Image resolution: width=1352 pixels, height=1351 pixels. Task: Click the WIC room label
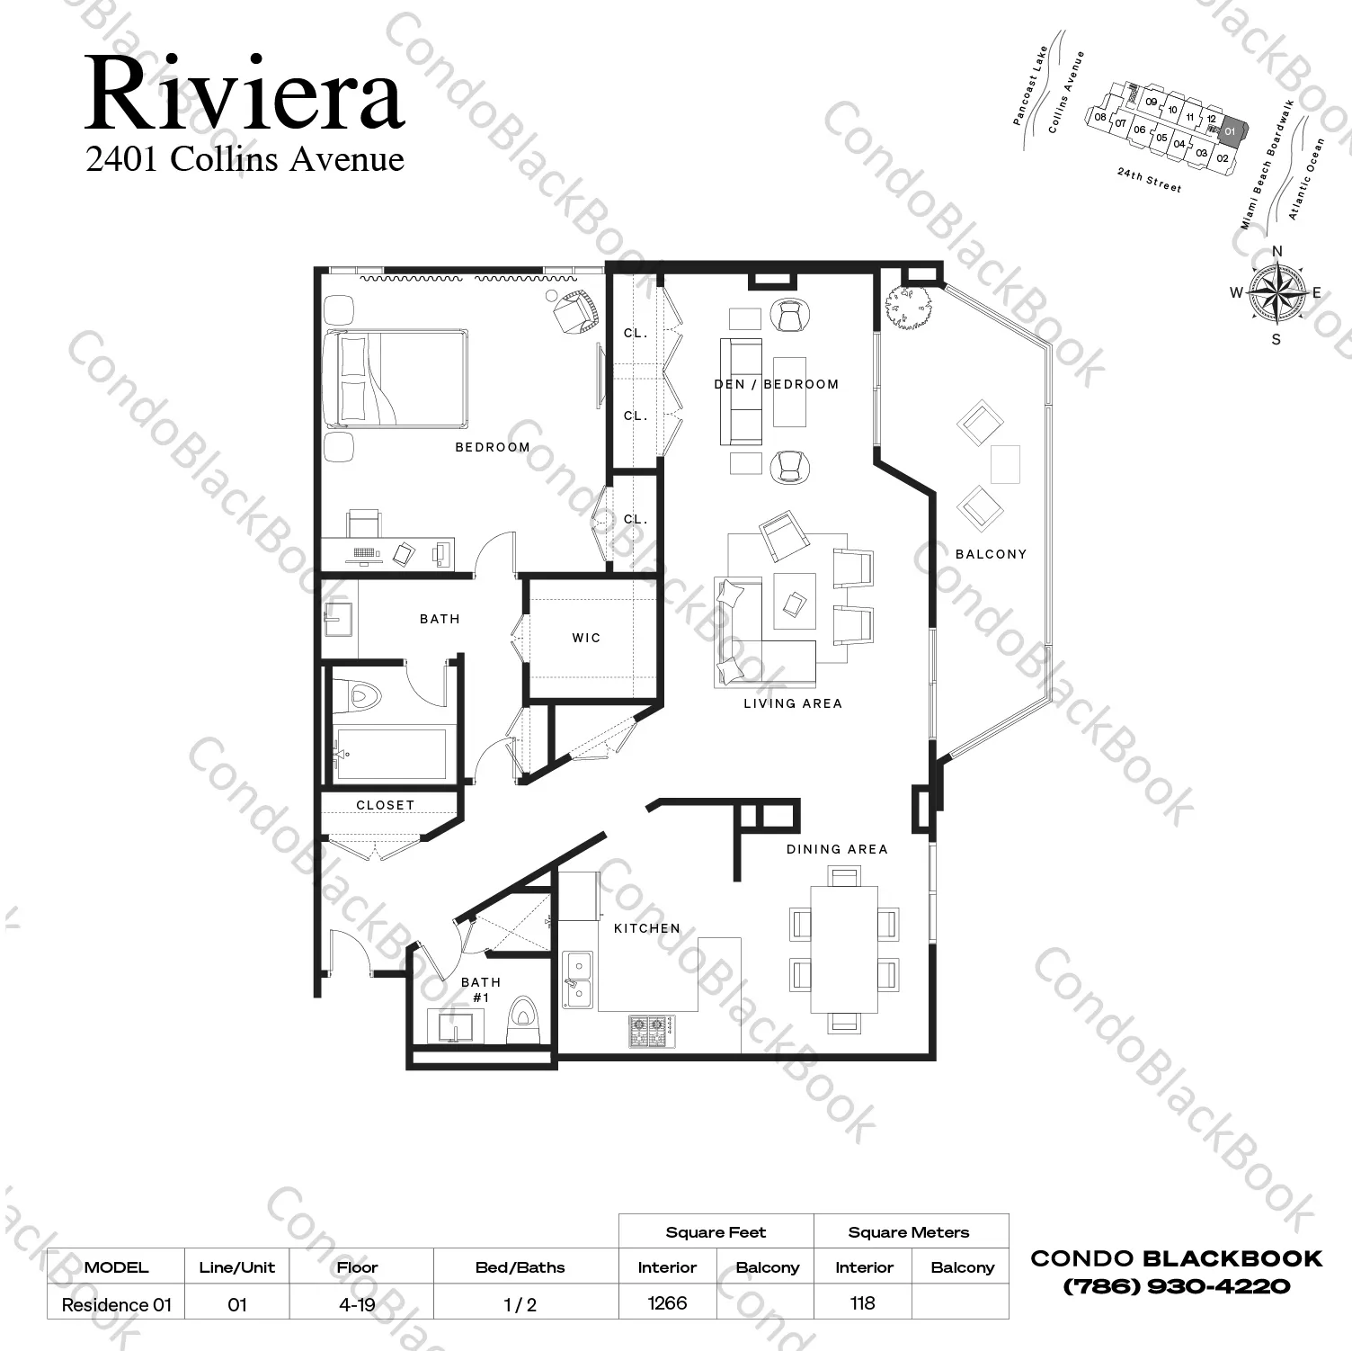point(586,638)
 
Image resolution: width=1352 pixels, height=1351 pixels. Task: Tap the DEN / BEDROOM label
point(777,384)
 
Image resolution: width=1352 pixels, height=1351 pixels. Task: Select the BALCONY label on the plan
point(991,554)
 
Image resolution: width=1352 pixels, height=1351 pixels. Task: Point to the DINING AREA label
point(837,849)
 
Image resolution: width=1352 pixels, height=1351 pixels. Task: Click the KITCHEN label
point(647,928)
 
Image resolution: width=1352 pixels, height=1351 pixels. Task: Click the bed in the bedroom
point(396,378)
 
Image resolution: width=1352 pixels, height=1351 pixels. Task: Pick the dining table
point(844,949)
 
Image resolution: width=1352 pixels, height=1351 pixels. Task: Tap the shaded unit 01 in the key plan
point(1230,131)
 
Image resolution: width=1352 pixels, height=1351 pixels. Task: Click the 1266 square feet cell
point(667,1302)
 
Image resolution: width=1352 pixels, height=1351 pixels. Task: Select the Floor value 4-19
point(357,1304)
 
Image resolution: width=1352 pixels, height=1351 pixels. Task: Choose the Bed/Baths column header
point(520,1267)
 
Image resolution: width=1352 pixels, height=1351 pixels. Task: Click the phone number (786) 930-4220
point(1176,1286)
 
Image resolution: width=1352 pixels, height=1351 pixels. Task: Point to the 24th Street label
point(1149,180)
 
